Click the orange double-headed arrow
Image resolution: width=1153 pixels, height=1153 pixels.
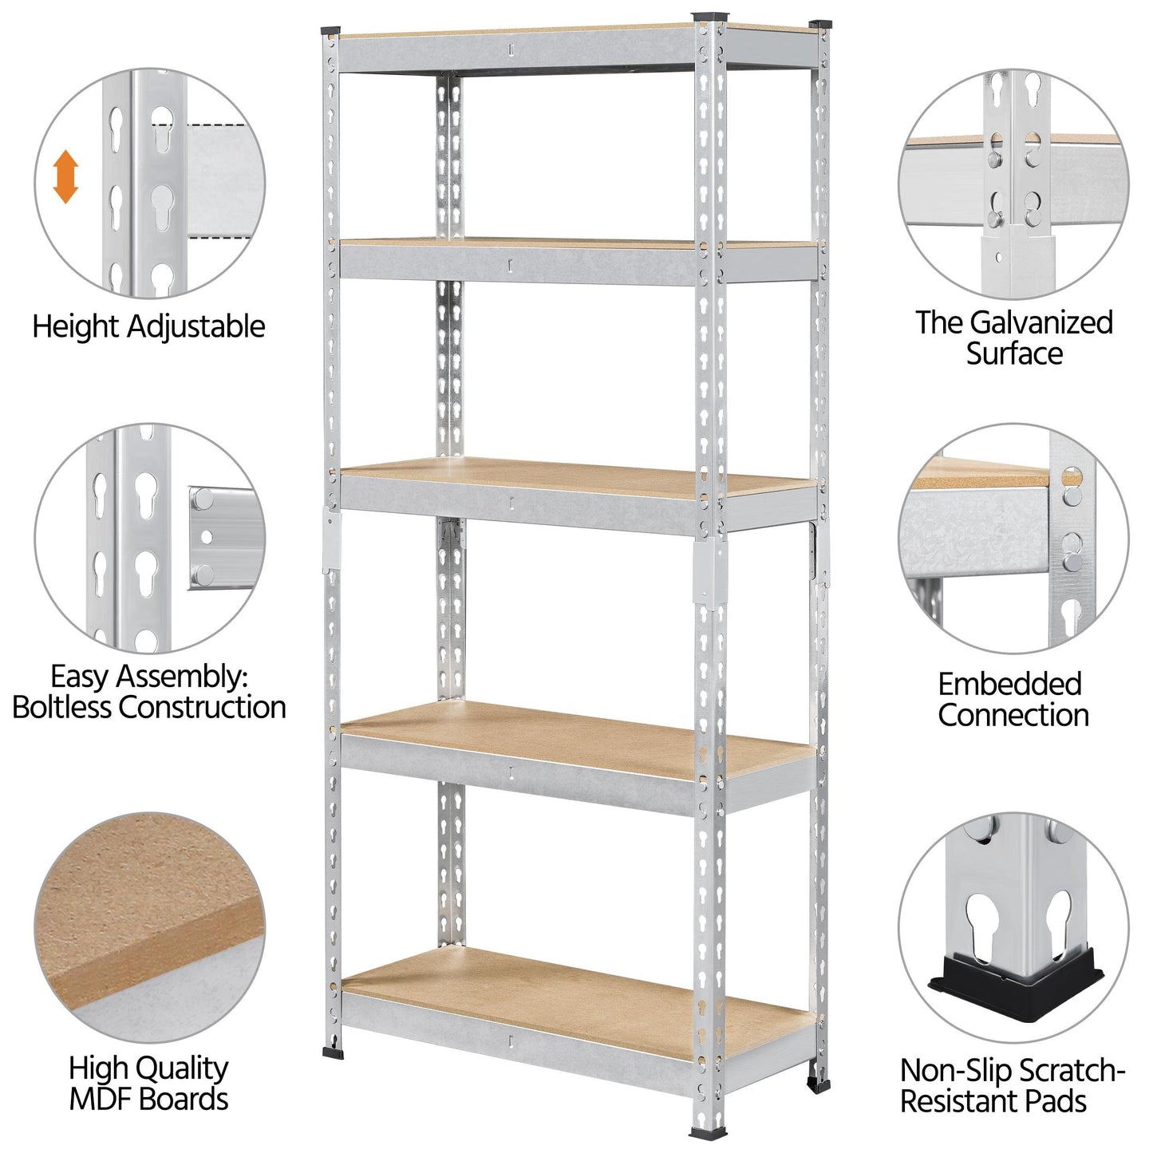tap(65, 176)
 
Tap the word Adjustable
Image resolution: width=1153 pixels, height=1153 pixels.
tap(196, 328)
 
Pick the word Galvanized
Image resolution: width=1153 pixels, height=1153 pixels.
tap(1041, 323)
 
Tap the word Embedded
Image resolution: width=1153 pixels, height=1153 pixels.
tap(1010, 685)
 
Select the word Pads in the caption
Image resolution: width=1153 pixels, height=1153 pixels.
tap(1056, 1102)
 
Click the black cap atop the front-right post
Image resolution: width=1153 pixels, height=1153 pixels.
tap(709, 16)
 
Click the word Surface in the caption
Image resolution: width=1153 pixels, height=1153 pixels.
tap(1014, 353)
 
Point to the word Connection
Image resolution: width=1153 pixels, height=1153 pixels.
tap(1013, 716)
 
